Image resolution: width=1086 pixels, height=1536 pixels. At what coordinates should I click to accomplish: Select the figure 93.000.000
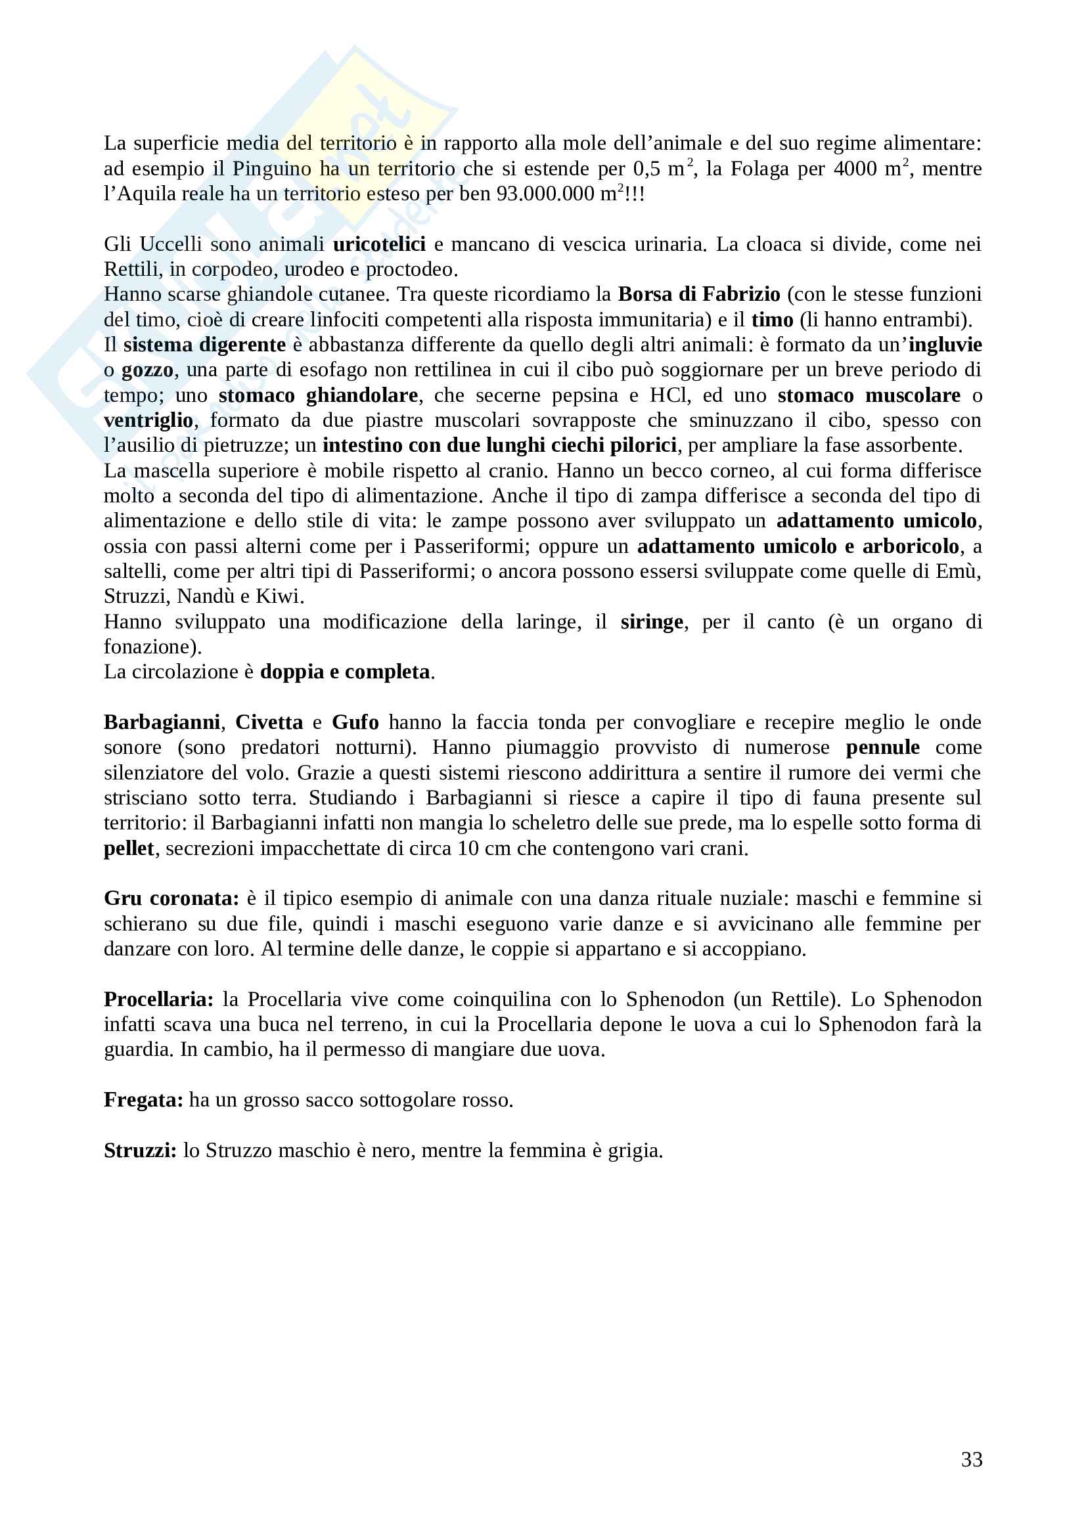coord(545,194)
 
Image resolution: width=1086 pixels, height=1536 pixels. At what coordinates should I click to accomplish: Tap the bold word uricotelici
coord(378,244)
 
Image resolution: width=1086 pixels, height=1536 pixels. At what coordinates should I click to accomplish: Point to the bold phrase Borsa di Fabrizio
coord(698,294)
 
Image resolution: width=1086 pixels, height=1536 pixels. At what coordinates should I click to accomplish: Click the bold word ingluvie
coord(945,345)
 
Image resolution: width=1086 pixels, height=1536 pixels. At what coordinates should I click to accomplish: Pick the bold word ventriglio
coord(148,421)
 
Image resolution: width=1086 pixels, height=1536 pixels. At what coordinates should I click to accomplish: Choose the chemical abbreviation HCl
coord(668,395)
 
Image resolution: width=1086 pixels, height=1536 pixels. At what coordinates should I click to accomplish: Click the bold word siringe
coord(651,622)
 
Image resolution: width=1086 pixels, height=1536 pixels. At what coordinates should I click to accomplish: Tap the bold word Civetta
coord(269,722)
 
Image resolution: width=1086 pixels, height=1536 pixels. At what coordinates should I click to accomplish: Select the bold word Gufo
coord(355,722)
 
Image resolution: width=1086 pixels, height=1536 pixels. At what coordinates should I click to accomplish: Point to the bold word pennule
coord(882,747)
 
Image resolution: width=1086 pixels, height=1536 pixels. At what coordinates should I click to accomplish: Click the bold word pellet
coord(129,848)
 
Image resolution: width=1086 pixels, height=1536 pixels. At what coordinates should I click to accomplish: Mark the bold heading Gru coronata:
coord(171,898)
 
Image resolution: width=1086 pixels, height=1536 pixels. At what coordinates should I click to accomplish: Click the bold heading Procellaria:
coord(158,999)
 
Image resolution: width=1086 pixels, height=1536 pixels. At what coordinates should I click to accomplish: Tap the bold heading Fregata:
coord(143,1100)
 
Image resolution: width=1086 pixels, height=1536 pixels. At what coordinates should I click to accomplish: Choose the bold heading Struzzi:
coord(141,1151)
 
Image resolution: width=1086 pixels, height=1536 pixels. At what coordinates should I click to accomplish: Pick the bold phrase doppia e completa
coord(345,672)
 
